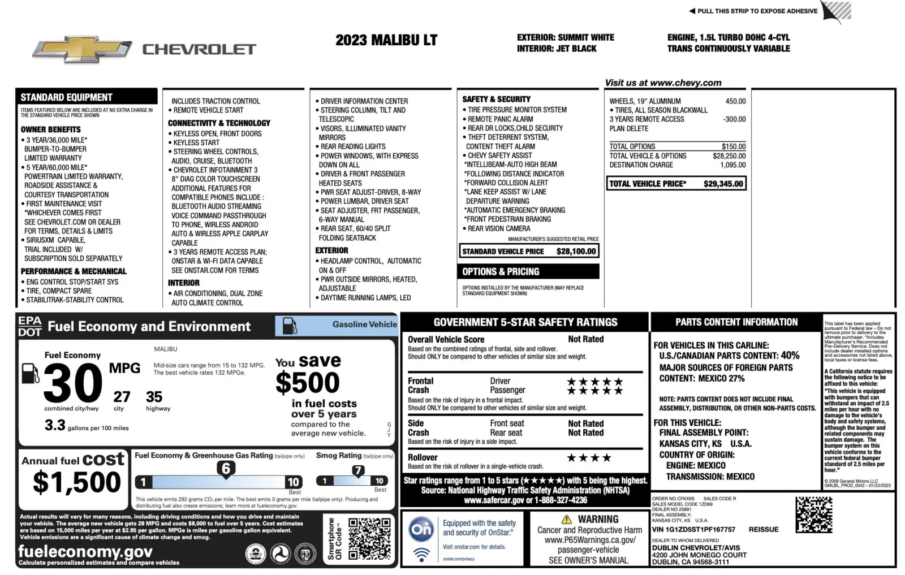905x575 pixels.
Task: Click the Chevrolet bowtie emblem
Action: [x=82, y=50]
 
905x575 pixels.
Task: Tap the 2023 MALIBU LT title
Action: [x=386, y=40]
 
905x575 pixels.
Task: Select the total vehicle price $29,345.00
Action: [x=723, y=184]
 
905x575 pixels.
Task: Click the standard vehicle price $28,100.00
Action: [x=576, y=251]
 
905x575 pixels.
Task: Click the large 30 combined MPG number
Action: [x=73, y=383]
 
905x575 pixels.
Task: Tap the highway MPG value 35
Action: [x=154, y=397]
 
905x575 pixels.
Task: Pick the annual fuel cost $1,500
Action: [x=77, y=482]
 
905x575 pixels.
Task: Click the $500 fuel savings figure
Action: [x=308, y=383]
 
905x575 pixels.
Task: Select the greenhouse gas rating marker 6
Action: [x=226, y=469]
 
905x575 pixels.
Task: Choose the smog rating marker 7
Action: [x=358, y=470]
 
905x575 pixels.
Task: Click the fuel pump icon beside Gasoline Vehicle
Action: [x=290, y=326]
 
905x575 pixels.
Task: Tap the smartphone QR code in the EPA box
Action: [x=369, y=539]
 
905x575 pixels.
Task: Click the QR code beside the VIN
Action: [x=813, y=515]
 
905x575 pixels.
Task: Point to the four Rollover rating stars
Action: [x=589, y=457]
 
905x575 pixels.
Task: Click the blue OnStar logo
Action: [x=421, y=529]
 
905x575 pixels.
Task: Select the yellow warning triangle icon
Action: [x=566, y=519]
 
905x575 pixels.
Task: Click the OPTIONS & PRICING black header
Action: [x=529, y=272]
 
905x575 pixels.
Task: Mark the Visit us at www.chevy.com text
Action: [x=663, y=83]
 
